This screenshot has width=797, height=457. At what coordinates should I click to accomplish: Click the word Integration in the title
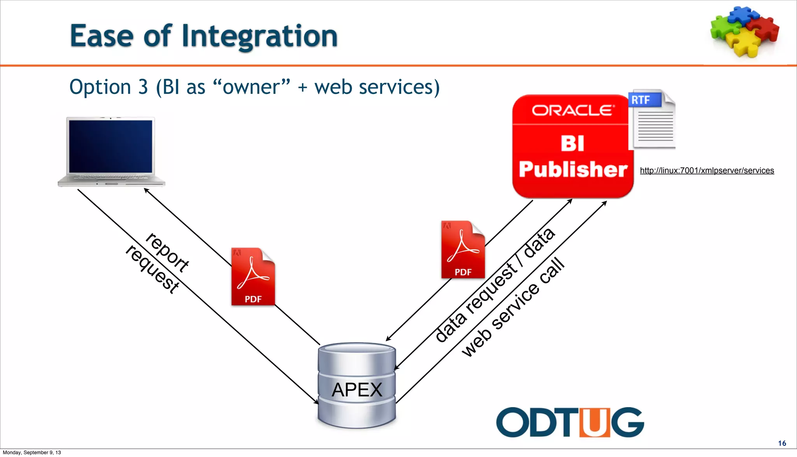260,36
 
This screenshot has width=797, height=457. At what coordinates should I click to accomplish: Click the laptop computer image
111,151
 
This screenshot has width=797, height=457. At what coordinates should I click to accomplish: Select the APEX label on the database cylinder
357,390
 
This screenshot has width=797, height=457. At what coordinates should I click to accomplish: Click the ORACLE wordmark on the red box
573,111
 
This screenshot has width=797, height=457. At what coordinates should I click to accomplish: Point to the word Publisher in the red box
573,169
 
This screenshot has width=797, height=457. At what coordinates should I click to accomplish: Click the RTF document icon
652,119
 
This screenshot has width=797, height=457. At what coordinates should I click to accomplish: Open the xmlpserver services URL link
707,171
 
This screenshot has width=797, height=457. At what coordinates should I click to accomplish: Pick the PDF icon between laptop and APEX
253,277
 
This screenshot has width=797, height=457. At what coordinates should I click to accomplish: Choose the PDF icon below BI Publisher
463,250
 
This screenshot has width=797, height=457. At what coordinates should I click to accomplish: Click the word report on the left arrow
167,252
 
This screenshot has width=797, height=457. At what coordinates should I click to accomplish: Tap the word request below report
153,269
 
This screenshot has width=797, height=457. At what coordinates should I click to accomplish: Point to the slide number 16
782,443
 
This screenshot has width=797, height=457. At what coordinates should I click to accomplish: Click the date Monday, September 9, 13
32,452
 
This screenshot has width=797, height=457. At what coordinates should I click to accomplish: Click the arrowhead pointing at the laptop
146,190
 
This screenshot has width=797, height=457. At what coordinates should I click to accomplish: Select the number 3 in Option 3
143,87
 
